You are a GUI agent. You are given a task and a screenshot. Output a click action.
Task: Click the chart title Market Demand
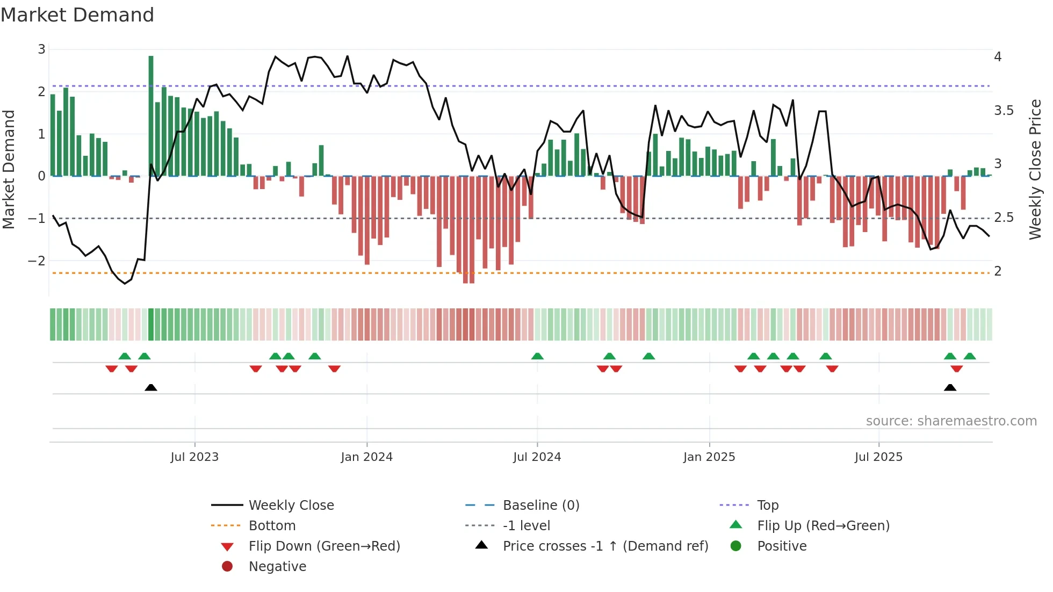pos(77,15)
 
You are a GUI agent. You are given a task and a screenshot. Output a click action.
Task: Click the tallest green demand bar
pos(151,115)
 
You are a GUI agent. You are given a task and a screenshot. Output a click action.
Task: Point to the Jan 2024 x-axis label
pos(366,457)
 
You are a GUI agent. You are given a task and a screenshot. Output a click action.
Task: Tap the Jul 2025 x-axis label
pos(878,457)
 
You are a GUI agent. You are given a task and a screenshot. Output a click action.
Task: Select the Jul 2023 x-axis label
pos(194,457)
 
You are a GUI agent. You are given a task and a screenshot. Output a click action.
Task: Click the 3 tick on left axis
pos(41,49)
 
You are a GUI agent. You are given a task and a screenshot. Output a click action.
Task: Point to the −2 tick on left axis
pos(37,261)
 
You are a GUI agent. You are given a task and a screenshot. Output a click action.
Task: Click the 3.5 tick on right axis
pos(1004,111)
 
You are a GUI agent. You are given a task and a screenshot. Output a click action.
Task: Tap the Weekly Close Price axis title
pos(1035,169)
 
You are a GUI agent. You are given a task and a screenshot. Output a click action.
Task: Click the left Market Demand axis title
pos(9,169)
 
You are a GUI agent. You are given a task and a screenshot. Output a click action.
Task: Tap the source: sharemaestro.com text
pos(951,421)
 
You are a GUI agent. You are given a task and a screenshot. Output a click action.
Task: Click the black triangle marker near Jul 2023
pos(151,387)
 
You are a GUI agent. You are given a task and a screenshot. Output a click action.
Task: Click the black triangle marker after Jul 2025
pos(950,387)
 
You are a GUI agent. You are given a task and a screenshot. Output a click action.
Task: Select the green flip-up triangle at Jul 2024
pos(537,356)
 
